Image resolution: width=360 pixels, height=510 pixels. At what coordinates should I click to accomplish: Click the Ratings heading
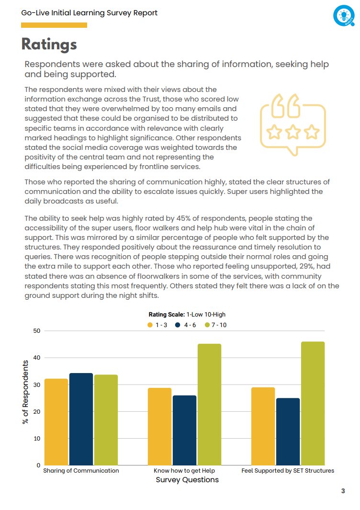(49, 44)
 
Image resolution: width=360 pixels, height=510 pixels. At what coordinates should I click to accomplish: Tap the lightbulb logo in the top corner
(343, 16)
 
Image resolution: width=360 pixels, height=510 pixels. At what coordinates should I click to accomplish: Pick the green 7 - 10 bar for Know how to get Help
(210, 405)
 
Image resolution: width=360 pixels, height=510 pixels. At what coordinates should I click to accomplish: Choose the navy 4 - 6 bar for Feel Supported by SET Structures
(288, 431)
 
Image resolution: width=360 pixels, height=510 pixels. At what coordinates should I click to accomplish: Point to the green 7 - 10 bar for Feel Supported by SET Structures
(313, 403)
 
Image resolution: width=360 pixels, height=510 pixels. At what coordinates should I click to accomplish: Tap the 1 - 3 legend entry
(157, 325)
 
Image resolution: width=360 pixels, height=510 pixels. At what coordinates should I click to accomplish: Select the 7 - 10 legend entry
(216, 325)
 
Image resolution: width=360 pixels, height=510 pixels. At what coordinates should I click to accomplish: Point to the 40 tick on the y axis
(36, 358)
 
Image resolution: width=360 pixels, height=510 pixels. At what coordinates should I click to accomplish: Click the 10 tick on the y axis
(36, 439)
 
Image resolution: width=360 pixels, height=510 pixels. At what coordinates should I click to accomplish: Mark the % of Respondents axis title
(25, 391)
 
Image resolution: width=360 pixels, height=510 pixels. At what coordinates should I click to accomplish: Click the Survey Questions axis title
(187, 480)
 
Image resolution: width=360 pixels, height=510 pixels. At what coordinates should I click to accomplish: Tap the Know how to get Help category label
(184, 471)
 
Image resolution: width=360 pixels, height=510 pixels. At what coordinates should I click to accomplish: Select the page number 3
(343, 491)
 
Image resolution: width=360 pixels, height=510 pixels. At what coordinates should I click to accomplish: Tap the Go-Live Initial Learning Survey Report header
(90, 13)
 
